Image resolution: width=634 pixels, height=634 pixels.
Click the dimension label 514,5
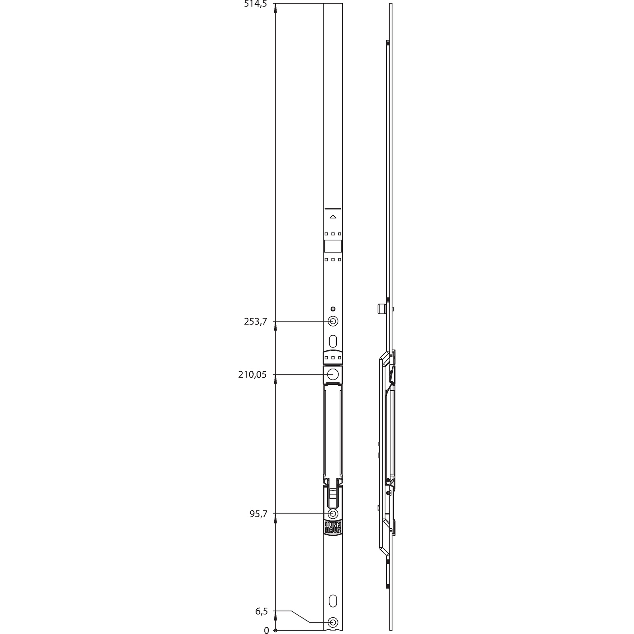click(x=256, y=4)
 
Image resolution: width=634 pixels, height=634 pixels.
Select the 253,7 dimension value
click(x=256, y=321)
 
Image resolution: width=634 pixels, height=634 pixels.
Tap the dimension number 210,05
click(x=252, y=374)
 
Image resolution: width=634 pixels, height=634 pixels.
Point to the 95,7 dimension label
click(x=258, y=514)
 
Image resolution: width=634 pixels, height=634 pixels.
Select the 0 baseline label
click(x=266, y=630)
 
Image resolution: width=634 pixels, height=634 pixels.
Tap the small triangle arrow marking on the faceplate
click(x=333, y=217)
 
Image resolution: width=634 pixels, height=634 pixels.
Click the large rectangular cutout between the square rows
click(x=333, y=246)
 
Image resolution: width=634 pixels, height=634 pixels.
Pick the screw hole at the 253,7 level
click(x=333, y=321)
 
